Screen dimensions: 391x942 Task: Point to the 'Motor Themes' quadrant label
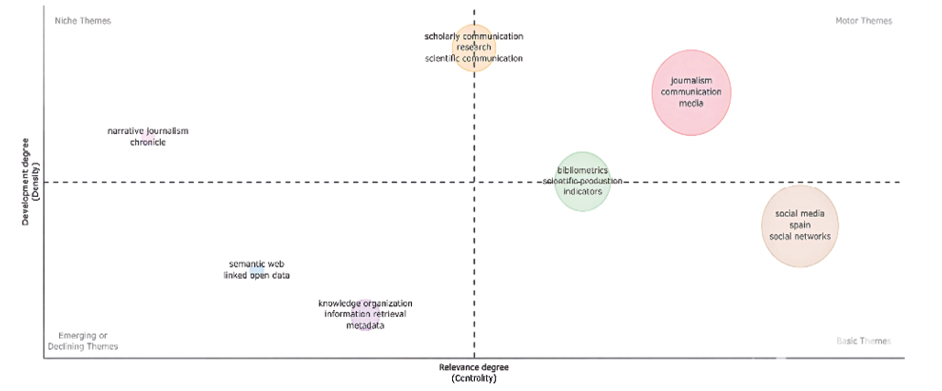863,21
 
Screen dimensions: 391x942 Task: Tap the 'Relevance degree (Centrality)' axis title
474,372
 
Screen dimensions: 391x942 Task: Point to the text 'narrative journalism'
147,130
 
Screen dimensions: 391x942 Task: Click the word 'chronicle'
147,143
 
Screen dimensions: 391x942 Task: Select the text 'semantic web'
257,264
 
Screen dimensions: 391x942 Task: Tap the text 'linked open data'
256,276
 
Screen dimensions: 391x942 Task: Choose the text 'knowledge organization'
365,303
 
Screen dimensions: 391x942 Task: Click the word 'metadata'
365,326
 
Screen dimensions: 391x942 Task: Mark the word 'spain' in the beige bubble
800,225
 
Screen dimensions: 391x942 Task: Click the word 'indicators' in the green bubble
582,191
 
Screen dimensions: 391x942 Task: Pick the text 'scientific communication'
474,58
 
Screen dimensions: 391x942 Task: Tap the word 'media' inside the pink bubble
691,104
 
